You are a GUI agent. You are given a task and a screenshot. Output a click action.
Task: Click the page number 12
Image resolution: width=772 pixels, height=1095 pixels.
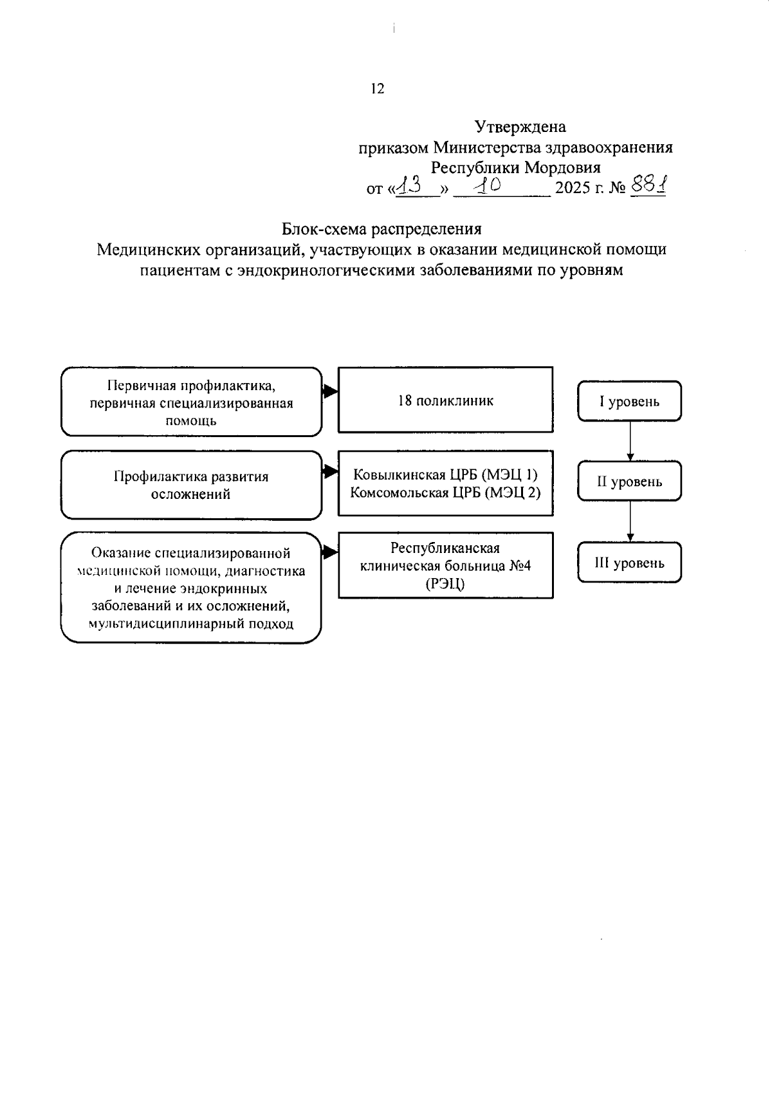pyautogui.click(x=378, y=89)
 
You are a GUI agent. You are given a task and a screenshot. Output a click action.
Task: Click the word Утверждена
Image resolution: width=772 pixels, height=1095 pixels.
pyautogui.click(x=520, y=127)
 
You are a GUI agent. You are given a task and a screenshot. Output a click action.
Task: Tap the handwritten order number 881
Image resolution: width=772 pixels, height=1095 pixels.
pyautogui.click(x=648, y=187)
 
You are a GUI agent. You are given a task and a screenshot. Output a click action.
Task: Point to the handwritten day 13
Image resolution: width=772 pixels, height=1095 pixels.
pyautogui.click(x=409, y=187)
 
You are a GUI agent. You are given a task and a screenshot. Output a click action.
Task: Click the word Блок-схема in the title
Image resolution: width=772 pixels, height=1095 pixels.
pyautogui.click(x=327, y=229)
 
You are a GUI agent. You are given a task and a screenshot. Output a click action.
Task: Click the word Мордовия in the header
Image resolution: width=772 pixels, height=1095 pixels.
pyautogui.click(x=562, y=168)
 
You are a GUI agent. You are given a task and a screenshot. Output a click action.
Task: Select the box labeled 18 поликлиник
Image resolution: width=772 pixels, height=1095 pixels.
pyautogui.click(x=445, y=400)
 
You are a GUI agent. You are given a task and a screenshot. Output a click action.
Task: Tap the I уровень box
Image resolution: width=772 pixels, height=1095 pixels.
pyautogui.click(x=629, y=402)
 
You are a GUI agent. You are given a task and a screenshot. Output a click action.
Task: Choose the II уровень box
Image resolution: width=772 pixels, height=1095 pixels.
pyautogui.click(x=629, y=482)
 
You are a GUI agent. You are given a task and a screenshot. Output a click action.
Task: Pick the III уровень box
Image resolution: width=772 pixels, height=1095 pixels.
pyautogui.click(x=629, y=563)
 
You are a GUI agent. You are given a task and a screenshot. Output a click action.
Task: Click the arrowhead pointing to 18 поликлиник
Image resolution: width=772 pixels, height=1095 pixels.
pyautogui.click(x=331, y=391)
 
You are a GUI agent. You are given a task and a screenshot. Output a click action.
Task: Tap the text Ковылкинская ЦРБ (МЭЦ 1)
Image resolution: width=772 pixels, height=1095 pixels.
pyautogui.click(x=445, y=475)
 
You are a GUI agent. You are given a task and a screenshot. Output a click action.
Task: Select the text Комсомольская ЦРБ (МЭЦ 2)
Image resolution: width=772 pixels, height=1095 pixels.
pyautogui.click(x=445, y=492)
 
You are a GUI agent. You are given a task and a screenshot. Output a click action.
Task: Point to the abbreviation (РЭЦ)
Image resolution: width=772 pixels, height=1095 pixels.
pyautogui.click(x=445, y=584)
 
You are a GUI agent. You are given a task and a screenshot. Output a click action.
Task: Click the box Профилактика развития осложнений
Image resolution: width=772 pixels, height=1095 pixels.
pyautogui.click(x=191, y=485)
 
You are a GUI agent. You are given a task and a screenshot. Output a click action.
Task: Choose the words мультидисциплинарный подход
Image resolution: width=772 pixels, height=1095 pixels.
pyautogui.click(x=191, y=623)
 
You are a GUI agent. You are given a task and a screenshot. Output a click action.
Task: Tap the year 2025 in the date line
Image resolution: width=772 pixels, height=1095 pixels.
pyautogui.click(x=572, y=189)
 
